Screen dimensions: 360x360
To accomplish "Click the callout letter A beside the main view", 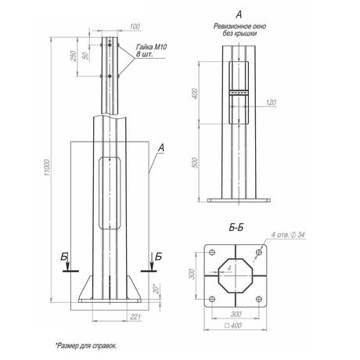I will point(160,146).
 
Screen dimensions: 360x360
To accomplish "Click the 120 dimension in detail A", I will point(271,103).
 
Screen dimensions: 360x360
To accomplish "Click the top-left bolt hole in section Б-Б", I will point(211,252).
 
